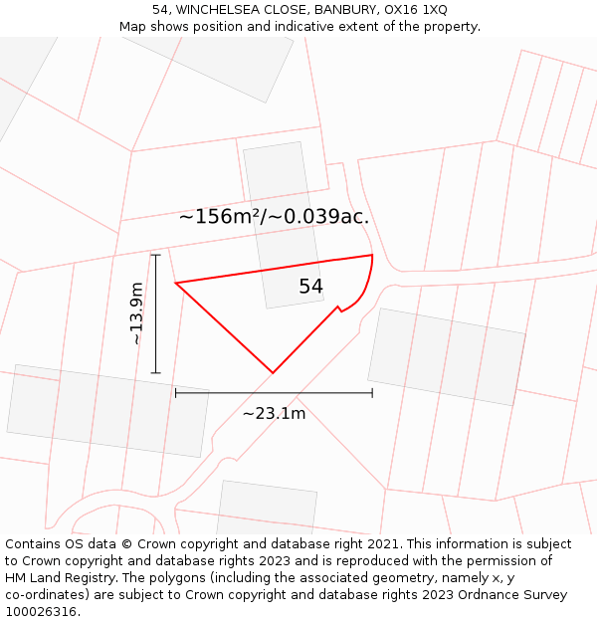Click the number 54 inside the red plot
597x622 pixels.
click(x=311, y=287)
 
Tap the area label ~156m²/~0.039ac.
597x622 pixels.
click(x=274, y=217)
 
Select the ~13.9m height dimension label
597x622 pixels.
click(x=136, y=313)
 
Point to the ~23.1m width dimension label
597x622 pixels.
click(x=274, y=413)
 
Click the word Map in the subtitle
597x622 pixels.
click(x=133, y=27)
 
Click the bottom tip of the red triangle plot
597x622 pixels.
click(x=273, y=373)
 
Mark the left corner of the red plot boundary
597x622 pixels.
click(x=176, y=284)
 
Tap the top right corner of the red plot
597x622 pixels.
click(x=372, y=256)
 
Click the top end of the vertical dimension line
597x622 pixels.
click(x=155, y=255)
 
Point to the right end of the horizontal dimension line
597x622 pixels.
click(x=372, y=393)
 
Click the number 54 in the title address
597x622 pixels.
click(x=160, y=10)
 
